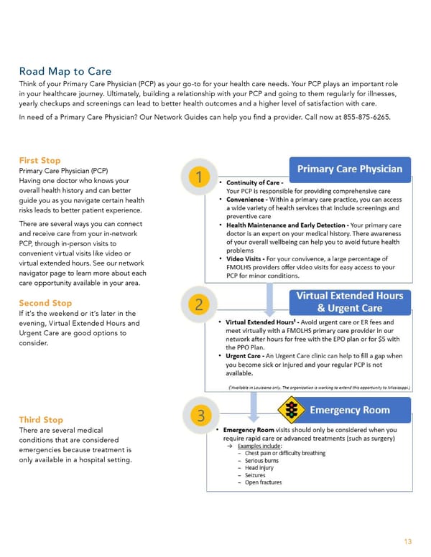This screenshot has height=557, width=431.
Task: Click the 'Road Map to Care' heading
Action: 65,71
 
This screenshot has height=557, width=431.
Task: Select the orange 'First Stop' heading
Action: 40,160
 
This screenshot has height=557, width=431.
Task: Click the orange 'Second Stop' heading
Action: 45,303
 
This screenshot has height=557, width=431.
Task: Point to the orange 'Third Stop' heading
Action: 41,419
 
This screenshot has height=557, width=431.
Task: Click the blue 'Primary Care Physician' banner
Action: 350,169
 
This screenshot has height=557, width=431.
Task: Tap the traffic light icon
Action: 292,411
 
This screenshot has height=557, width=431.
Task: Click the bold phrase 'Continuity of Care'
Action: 254,183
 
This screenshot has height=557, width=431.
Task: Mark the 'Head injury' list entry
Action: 260,467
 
